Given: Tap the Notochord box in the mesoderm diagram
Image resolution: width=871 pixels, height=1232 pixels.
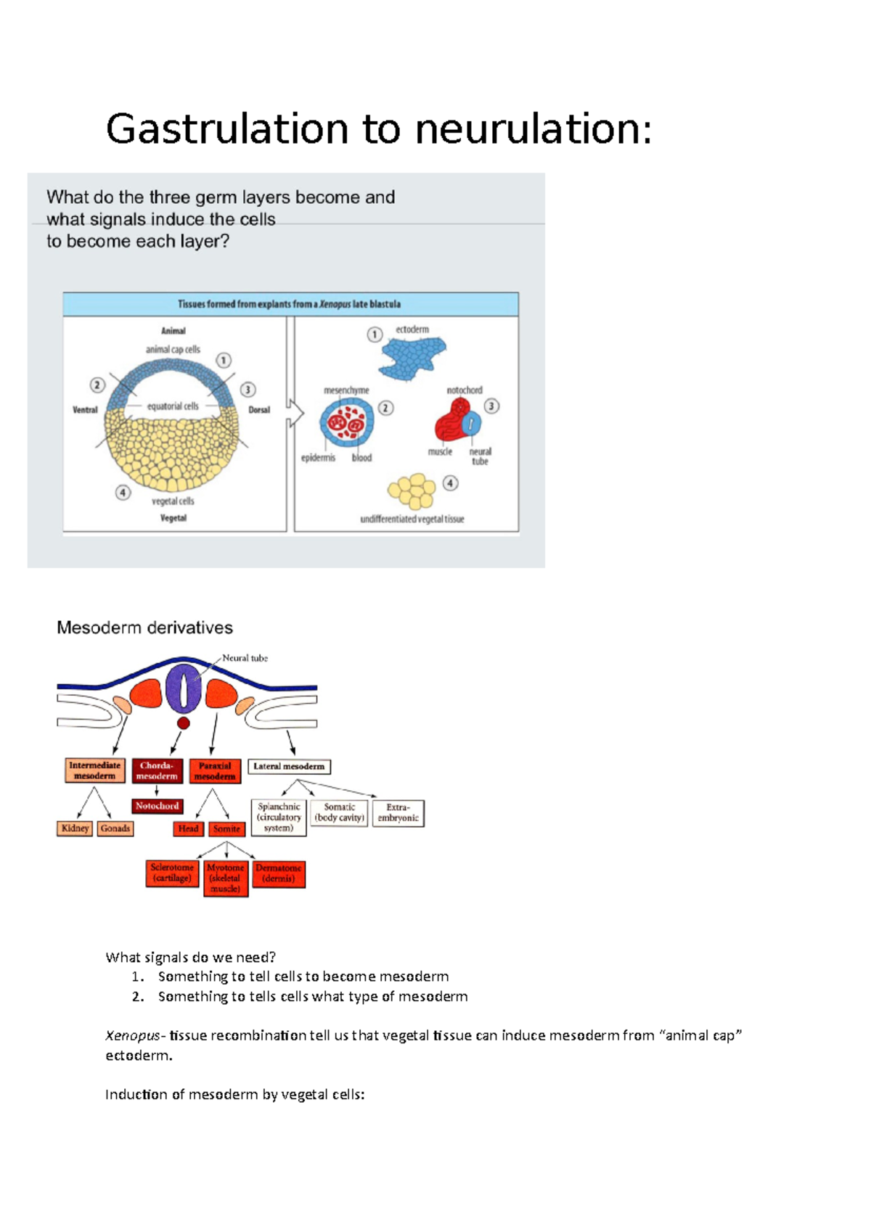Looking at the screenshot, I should coord(157,806).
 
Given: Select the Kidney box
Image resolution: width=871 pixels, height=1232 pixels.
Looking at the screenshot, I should coord(75,829).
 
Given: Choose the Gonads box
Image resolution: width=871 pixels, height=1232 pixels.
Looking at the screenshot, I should coord(115,829).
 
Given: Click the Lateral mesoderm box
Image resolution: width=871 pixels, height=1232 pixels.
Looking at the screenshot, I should coord(289,766).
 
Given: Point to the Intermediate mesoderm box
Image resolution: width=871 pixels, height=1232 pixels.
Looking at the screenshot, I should coord(94,771).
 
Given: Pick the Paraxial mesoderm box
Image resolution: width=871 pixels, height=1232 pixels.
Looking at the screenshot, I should coord(215,771).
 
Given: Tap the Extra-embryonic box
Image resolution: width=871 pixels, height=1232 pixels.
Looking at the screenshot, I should coord(398,813).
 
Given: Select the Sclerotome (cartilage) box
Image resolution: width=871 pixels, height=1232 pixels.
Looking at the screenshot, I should coord(172,873).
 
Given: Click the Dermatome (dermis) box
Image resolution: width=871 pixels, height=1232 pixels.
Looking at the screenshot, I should coord(279,874).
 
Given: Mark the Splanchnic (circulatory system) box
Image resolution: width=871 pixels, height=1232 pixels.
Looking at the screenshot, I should coord(279,818).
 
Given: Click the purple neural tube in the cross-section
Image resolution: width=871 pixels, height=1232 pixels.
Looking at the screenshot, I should coord(184,688).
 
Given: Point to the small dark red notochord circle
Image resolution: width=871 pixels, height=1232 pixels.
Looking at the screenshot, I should coord(184,723).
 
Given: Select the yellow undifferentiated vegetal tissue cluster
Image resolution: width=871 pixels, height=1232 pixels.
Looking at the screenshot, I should coord(412,491).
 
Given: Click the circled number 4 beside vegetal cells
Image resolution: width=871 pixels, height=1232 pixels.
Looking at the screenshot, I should coord(123,493).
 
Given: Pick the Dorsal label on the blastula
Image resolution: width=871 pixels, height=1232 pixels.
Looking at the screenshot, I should coord(259,410).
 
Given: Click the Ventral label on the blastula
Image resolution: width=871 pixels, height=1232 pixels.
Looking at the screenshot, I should coord(85,410).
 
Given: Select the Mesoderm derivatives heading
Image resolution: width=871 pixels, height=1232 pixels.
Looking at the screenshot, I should coord(144,628).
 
